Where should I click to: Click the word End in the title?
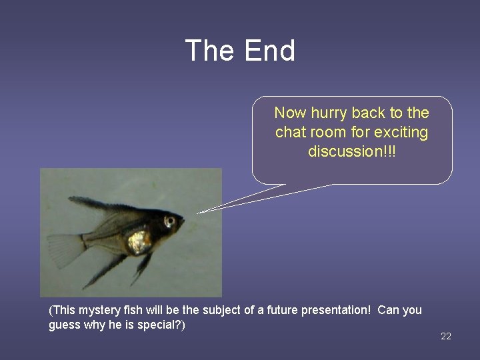click(270, 51)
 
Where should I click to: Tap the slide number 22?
click(446, 336)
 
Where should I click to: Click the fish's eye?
click(170, 220)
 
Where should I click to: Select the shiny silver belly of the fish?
click(139, 242)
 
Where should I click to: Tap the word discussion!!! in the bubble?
click(351, 151)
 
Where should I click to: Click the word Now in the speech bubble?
click(289, 113)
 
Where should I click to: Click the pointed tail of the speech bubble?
click(203, 211)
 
